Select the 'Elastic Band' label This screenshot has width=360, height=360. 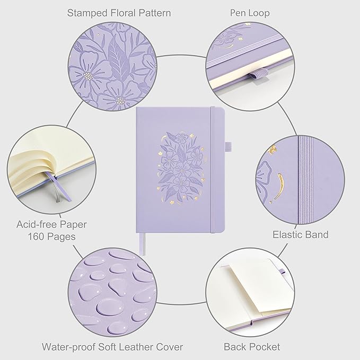(300, 234)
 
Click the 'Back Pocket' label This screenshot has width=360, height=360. (252, 347)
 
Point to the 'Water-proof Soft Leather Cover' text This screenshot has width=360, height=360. (112, 347)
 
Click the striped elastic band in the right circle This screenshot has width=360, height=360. (306, 175)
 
